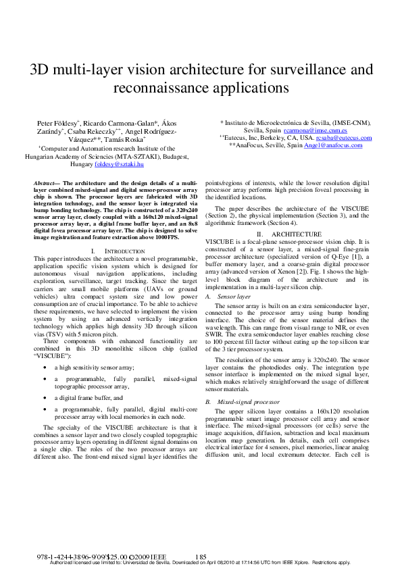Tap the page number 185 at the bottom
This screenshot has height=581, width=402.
point(200,557)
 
